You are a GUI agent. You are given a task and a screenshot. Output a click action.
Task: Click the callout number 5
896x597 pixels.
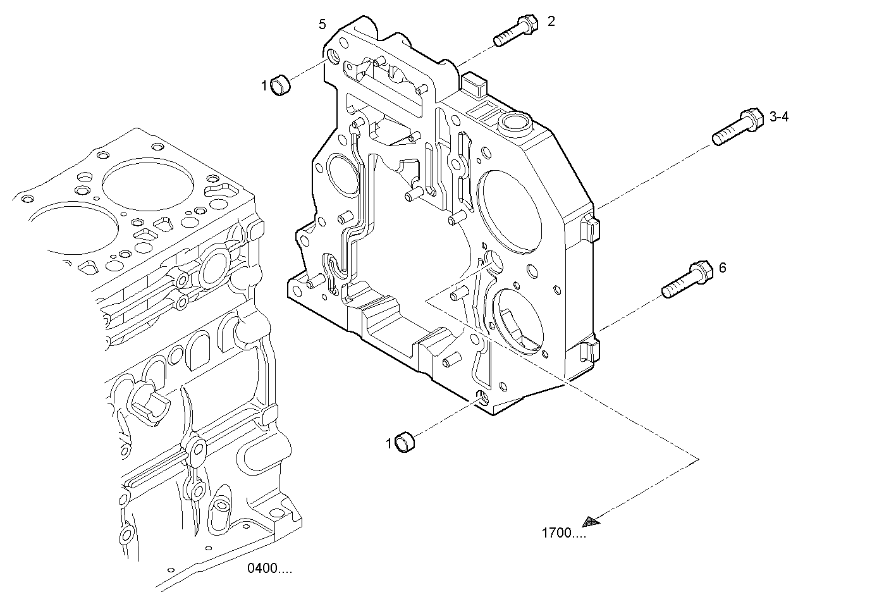pyautogui.click(x=322, y=25)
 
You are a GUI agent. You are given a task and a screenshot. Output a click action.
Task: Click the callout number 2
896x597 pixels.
pyautogui.click(x=551, y=22)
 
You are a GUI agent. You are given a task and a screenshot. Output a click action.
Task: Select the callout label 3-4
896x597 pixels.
pyautogui.click(x=779, y=117)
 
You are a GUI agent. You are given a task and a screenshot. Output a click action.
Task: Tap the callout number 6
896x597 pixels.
pyautogui.click(x=722, y=268)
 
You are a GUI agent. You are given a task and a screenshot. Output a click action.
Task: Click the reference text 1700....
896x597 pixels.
pyautogui.click(x=563, y=533)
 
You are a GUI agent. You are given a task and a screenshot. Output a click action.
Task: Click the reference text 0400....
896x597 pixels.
pyautogui.click(x=269, y=569)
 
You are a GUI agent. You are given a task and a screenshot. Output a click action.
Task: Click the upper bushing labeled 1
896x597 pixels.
pyautogui.click(x=280, y=85)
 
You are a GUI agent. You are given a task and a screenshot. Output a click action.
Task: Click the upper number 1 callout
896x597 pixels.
pyautogui.click(x=265, y=85)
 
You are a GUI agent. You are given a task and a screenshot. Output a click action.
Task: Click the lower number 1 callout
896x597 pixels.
pyautogui.click(x=389, y=445)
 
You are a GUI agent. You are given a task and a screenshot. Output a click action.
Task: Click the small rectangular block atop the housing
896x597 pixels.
pyautogui.click(x=474, y=83)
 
